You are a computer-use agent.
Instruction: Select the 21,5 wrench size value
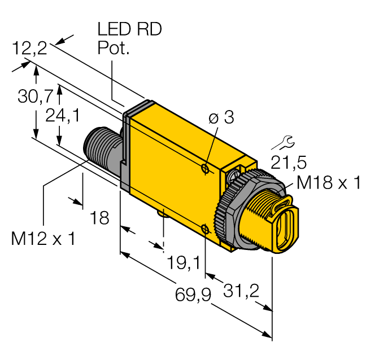(288, 163)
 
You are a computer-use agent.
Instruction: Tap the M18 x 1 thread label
(328, 183)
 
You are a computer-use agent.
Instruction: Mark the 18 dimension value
(100, 218)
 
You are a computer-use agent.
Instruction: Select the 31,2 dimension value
(241, 291)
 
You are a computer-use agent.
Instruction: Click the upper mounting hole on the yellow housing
(206, 168)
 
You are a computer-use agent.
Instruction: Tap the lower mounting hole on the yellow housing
(206, 229)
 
